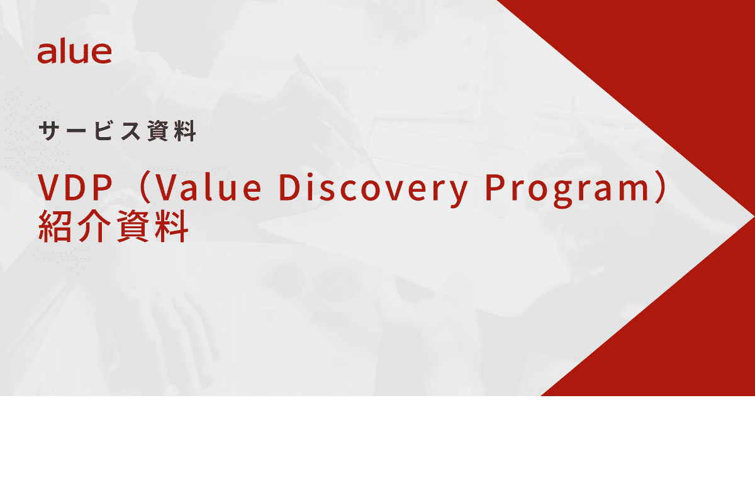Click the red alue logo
(74, 53)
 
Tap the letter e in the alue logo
(101, 55)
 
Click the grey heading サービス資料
(117, 131)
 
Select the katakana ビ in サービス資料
(103, 130)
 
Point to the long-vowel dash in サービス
(76, 130)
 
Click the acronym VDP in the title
(75, 187)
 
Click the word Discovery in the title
(373, 189)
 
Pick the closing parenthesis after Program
(659, 187)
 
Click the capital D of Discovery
(290, 187)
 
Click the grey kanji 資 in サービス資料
(158, 131)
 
